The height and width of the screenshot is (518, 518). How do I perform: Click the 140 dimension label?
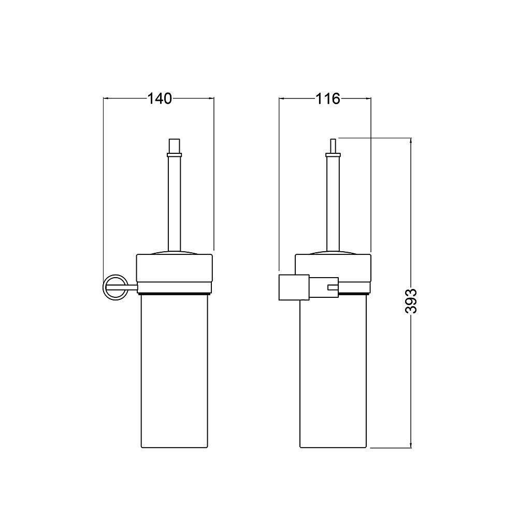[159, 98]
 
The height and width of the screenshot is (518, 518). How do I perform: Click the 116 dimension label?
[328, 98]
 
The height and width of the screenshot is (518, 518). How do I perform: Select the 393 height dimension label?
[411, 301]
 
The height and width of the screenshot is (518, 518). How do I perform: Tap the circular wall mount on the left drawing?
[116, 287]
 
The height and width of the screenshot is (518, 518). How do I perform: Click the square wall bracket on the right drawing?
[294, 287]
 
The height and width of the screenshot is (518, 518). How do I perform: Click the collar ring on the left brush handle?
[174, 155]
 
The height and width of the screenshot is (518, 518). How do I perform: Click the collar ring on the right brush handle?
[333, 154]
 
